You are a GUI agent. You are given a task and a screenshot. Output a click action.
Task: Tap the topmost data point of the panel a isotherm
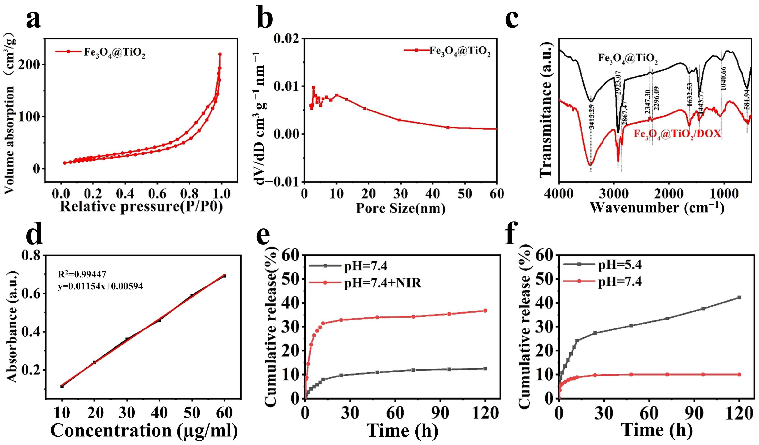(220, 54)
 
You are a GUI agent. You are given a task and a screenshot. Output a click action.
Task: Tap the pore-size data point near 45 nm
(448, 127)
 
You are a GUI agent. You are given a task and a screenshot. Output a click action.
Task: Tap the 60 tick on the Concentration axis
(224, 413)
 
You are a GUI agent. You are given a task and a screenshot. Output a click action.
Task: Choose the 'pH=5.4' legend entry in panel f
(620, 265)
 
